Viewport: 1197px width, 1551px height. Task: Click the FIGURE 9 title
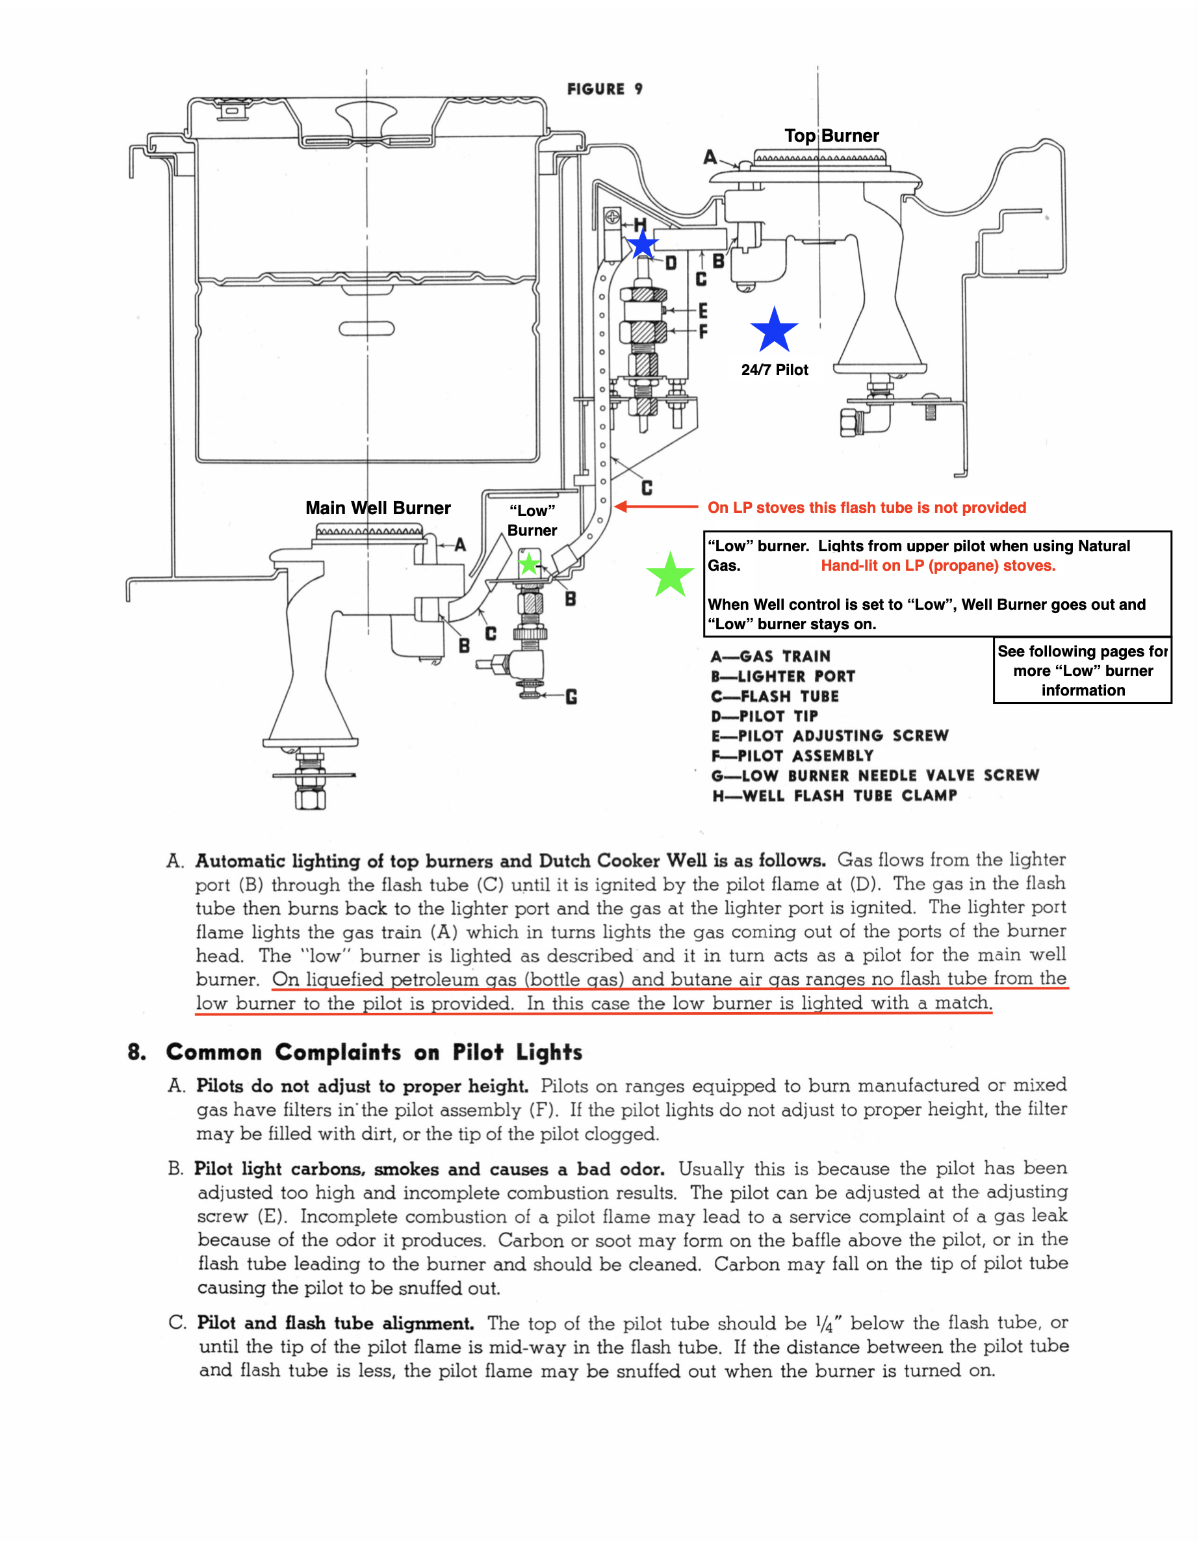tap(605, 89)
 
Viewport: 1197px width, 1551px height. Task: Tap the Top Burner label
tap(831, 136)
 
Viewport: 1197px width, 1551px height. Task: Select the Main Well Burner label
tap(378, 508)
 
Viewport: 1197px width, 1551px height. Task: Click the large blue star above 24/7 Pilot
tap(774, 330)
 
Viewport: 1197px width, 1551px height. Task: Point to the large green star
tap(669, 575)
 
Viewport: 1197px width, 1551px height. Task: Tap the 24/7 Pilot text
tap(775, 369)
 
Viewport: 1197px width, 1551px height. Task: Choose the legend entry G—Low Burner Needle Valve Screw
tap(875, 776)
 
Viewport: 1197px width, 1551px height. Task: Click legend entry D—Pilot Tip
tap(765, 716)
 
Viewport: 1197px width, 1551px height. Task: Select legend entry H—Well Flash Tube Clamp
tap(834, 796)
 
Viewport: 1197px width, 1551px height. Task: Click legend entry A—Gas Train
tap(770, 656)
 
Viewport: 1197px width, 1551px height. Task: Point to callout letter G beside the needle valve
tap(571, 697)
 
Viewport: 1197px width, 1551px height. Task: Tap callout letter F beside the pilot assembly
tap(703, 332)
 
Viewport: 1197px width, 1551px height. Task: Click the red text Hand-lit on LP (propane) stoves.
tap(938, 566)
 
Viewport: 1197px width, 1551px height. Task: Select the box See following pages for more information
tap(1082, 670)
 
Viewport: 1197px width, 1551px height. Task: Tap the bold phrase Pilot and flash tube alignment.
tap(335, 1323)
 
